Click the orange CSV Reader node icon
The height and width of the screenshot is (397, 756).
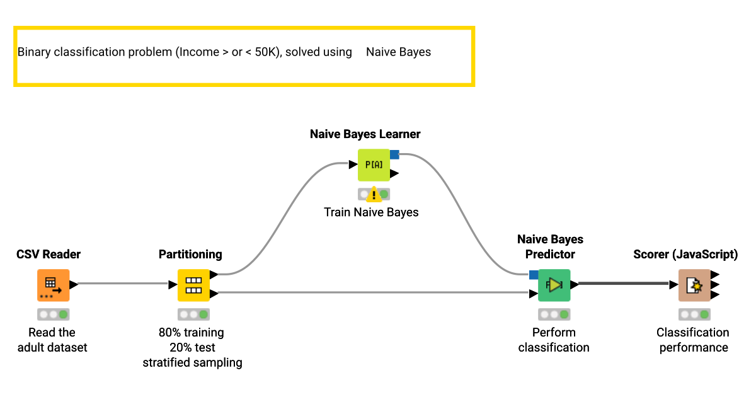point(53,285)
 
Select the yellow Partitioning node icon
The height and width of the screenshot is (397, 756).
point(193,285)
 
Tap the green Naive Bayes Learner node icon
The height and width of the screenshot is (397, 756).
point(374,165)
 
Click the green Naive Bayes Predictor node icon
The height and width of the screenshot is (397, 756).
point(554,285)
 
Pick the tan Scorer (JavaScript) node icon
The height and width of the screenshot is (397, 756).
point(694,285)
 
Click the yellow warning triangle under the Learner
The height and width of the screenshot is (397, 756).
point(374,194)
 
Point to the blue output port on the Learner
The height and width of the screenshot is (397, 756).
point(394,154)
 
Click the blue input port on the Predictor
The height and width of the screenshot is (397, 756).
point(534,275)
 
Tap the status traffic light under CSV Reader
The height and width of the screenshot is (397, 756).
point(53,314)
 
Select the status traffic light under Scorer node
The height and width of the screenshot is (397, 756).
point(694,314)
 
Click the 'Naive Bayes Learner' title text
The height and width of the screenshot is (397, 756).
point(365,134)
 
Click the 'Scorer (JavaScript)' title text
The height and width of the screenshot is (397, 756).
point(685,255)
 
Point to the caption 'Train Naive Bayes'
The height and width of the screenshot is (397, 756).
point(371,212)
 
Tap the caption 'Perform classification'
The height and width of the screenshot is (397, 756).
point(554,340)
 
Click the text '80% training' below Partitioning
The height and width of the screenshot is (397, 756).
point(192,332)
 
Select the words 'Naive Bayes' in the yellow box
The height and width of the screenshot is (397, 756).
point(398,52)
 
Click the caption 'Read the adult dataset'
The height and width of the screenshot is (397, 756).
point(52,340)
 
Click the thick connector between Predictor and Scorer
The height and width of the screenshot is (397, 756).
point(624,284)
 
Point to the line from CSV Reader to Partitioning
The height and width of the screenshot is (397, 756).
point(123,284)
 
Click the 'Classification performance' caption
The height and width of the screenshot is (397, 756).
point(693,340)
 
